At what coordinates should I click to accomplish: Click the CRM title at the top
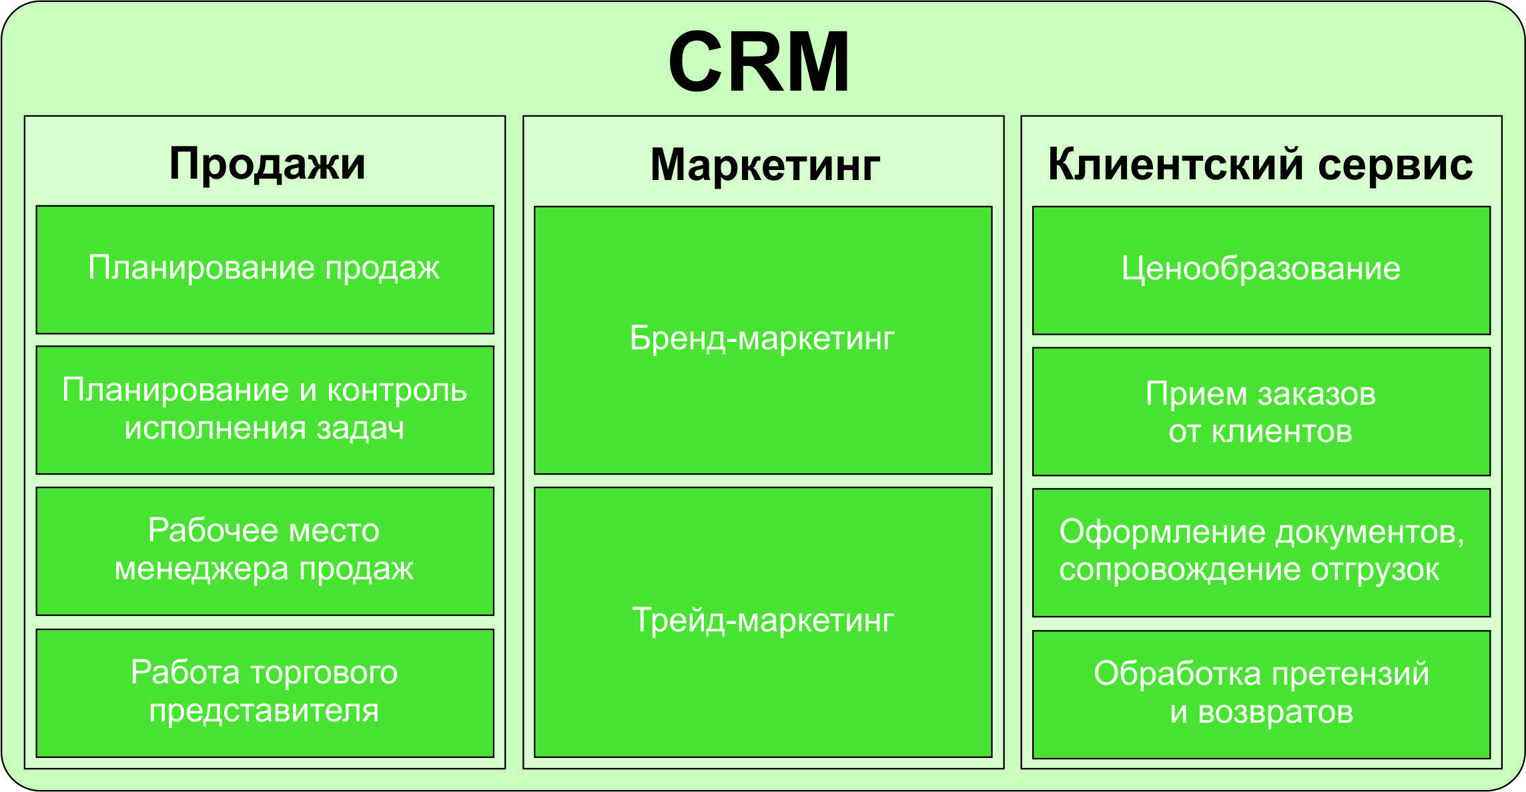(759, 61)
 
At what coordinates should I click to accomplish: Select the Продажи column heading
(267, 164)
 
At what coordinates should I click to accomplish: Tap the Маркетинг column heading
(765, 165)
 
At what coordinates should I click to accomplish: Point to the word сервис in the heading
(1395, 165)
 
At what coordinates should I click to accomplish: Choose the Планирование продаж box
(265, 269)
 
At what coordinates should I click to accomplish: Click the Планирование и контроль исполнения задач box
(265, 410)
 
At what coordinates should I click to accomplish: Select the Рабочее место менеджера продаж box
(265, 551)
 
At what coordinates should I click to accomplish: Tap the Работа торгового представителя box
(265, 693)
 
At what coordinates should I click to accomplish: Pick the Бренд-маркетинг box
(763, 340)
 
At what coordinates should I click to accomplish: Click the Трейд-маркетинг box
(763, 622)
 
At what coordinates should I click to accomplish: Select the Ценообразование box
(1261, 270)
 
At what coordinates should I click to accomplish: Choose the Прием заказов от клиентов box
(1261, 411)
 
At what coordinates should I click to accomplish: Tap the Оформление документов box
(1261, 553)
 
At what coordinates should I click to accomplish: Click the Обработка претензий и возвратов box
(1261, 695)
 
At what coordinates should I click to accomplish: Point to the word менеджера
(202, 570)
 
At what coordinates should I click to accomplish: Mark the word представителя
(264, 712)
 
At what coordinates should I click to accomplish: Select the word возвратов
(1275, 713)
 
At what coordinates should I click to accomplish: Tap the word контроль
(396, 391)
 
